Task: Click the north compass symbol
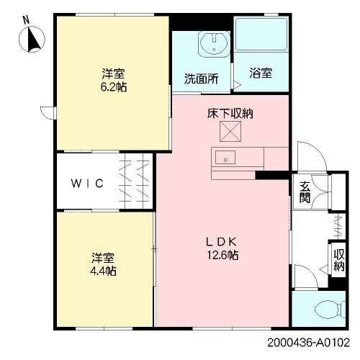point(32,40)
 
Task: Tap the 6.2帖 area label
point(114,87)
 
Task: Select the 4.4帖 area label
point(103,271)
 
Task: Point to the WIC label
point(87,184)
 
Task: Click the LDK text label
point(222,242)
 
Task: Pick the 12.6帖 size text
point(222,255)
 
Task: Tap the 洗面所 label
point(202,78)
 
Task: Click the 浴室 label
point(261,73)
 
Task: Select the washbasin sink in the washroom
point(214,44)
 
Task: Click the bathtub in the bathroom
point(261,34)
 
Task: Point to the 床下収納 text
point(230,113)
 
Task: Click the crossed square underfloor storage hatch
point(230,131)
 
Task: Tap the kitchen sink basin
point(225,158)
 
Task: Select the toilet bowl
point(330,309)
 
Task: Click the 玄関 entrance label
point(305,192)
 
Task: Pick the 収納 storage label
point(339,261)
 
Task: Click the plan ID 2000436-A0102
point(308,343)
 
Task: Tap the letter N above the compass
point(26,20)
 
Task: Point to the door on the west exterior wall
point(48,113)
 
